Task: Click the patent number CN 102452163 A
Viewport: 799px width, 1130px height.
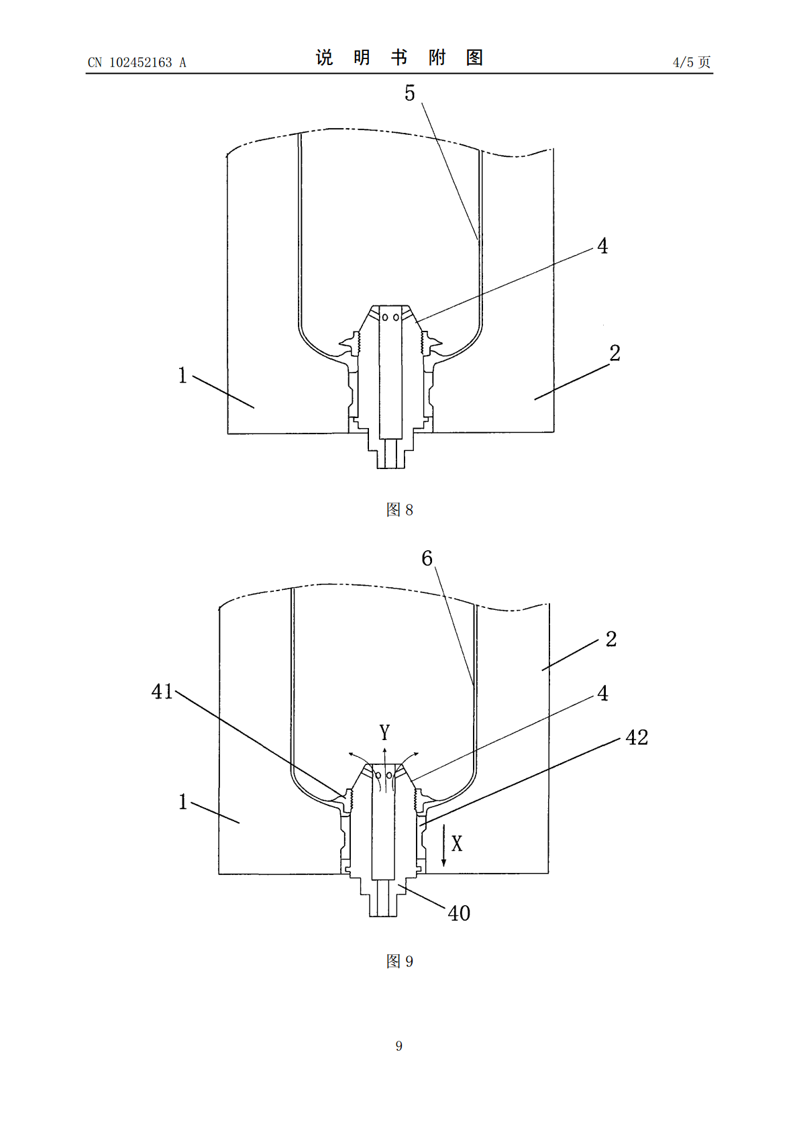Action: click(137, 62)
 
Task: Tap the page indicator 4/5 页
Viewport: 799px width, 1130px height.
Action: click(692, 62)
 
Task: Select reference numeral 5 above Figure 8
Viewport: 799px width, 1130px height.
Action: click(410, 93)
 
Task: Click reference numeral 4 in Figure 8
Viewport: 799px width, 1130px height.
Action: click(603, 246)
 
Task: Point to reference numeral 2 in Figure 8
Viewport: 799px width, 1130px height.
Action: click(615, 353)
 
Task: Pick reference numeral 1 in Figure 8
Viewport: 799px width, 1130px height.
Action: click(182, 375)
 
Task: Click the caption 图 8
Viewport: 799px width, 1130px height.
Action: click(400, 509)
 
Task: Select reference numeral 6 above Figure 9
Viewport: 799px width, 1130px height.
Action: click(427, 558)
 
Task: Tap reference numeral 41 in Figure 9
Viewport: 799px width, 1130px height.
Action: click(162, 692)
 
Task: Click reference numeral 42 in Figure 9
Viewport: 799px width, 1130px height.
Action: click(637, 737)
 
